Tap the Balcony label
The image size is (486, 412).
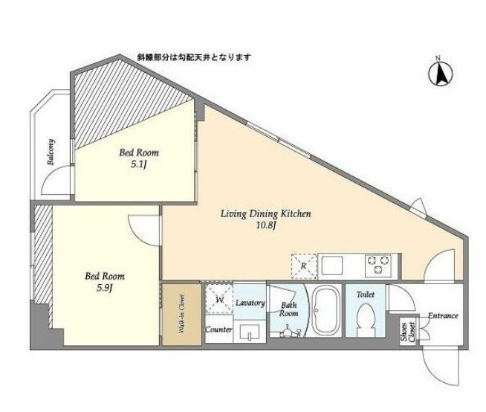click(51, 152)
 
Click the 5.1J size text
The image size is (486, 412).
click(138, 165)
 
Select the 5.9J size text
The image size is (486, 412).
click(104, 289)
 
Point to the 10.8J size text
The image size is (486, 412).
click(265, 225)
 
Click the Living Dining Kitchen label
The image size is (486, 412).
click(265, 214)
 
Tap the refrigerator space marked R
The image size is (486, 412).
click(304, 266)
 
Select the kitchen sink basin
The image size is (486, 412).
click(332, 266)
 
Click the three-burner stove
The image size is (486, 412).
click(378, 265)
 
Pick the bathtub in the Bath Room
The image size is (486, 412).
click(325, 310)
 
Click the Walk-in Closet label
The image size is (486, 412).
click(182, 314)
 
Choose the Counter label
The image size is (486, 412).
click(218, 329)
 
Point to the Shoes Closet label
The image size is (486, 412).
click(408, 332)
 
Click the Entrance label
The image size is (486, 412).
click(443, 316)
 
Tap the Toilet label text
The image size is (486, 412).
click(366, 294)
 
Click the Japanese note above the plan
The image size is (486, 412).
click(194, 57)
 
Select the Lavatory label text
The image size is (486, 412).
click(250, 303)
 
